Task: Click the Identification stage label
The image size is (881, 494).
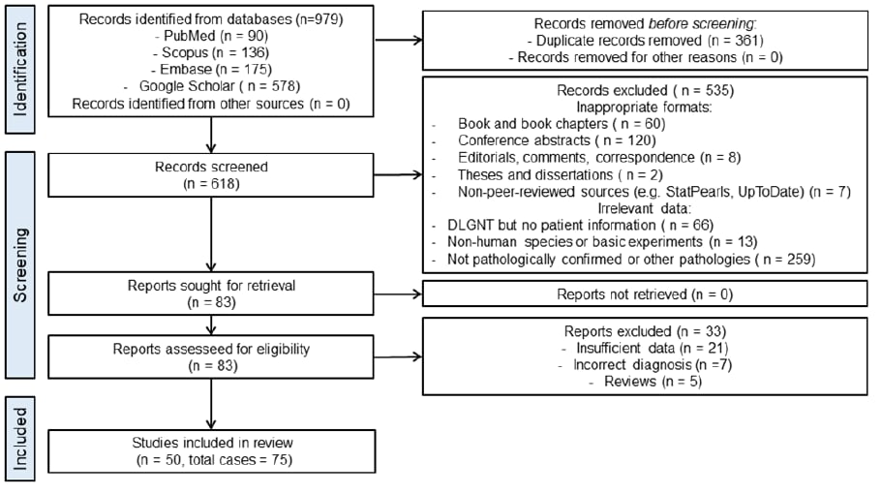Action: [20, 70]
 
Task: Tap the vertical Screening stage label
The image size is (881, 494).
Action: [20, 264]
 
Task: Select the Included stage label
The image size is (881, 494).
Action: [20, 439]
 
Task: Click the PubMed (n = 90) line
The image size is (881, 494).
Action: [211, 36]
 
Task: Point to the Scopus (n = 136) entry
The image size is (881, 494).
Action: [211, 53]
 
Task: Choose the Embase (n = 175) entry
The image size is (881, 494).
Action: [211, 70]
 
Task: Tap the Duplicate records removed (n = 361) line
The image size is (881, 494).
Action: [645, 41]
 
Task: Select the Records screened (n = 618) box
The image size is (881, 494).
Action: [211, 175]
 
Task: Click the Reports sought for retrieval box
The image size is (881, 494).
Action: [211, 293]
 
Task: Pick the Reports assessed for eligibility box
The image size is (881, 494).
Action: [211, 356]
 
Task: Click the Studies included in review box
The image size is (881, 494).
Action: [212, 451]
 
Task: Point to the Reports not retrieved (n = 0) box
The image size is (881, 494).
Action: [645, 293]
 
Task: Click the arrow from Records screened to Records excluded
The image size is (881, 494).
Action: [398, 174]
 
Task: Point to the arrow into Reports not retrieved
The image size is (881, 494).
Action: [398, 293]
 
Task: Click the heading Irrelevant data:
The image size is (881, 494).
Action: [645, 208]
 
